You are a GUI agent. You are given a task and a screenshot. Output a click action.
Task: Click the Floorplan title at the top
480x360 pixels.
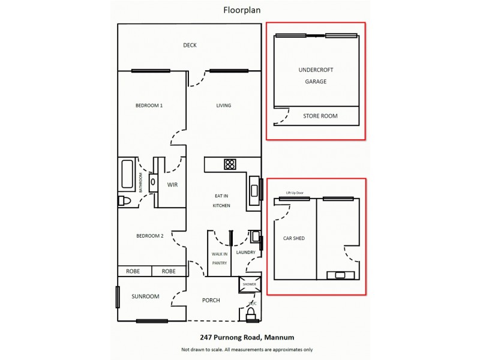[x=240, y=10]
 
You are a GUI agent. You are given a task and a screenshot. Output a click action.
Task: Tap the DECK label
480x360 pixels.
[x=190, y=45]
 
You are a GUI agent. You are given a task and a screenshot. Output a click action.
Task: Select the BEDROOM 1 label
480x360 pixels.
[x=149, y=106]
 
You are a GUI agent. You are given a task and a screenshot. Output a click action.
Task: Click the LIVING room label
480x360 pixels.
[x=224, y=106]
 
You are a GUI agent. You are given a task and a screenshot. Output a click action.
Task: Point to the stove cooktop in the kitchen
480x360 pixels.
[x=229, y=164]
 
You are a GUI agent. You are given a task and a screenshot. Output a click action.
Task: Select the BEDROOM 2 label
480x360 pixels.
[x=149, y=236]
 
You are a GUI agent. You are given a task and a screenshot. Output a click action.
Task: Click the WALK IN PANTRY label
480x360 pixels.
[x=220, y=259]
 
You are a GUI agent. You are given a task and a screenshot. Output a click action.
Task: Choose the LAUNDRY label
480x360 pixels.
[x=246, y=253]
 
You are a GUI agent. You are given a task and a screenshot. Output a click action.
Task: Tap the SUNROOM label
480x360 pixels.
[x=146, y=296]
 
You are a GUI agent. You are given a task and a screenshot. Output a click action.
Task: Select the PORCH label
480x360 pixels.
[x=211, y=301]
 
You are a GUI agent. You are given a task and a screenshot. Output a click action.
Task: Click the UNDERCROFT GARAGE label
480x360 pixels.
[x=316, y=76]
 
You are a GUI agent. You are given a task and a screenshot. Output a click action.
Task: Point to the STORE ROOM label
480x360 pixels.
[x=320, y=116]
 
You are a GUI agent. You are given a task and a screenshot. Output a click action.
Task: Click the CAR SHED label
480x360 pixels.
[x=294, y=238]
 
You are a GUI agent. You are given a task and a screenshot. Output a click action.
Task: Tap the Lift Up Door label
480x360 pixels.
[x=295, y=193]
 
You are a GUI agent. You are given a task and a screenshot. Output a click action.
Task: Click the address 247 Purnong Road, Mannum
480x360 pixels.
[x=247, y=337]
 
